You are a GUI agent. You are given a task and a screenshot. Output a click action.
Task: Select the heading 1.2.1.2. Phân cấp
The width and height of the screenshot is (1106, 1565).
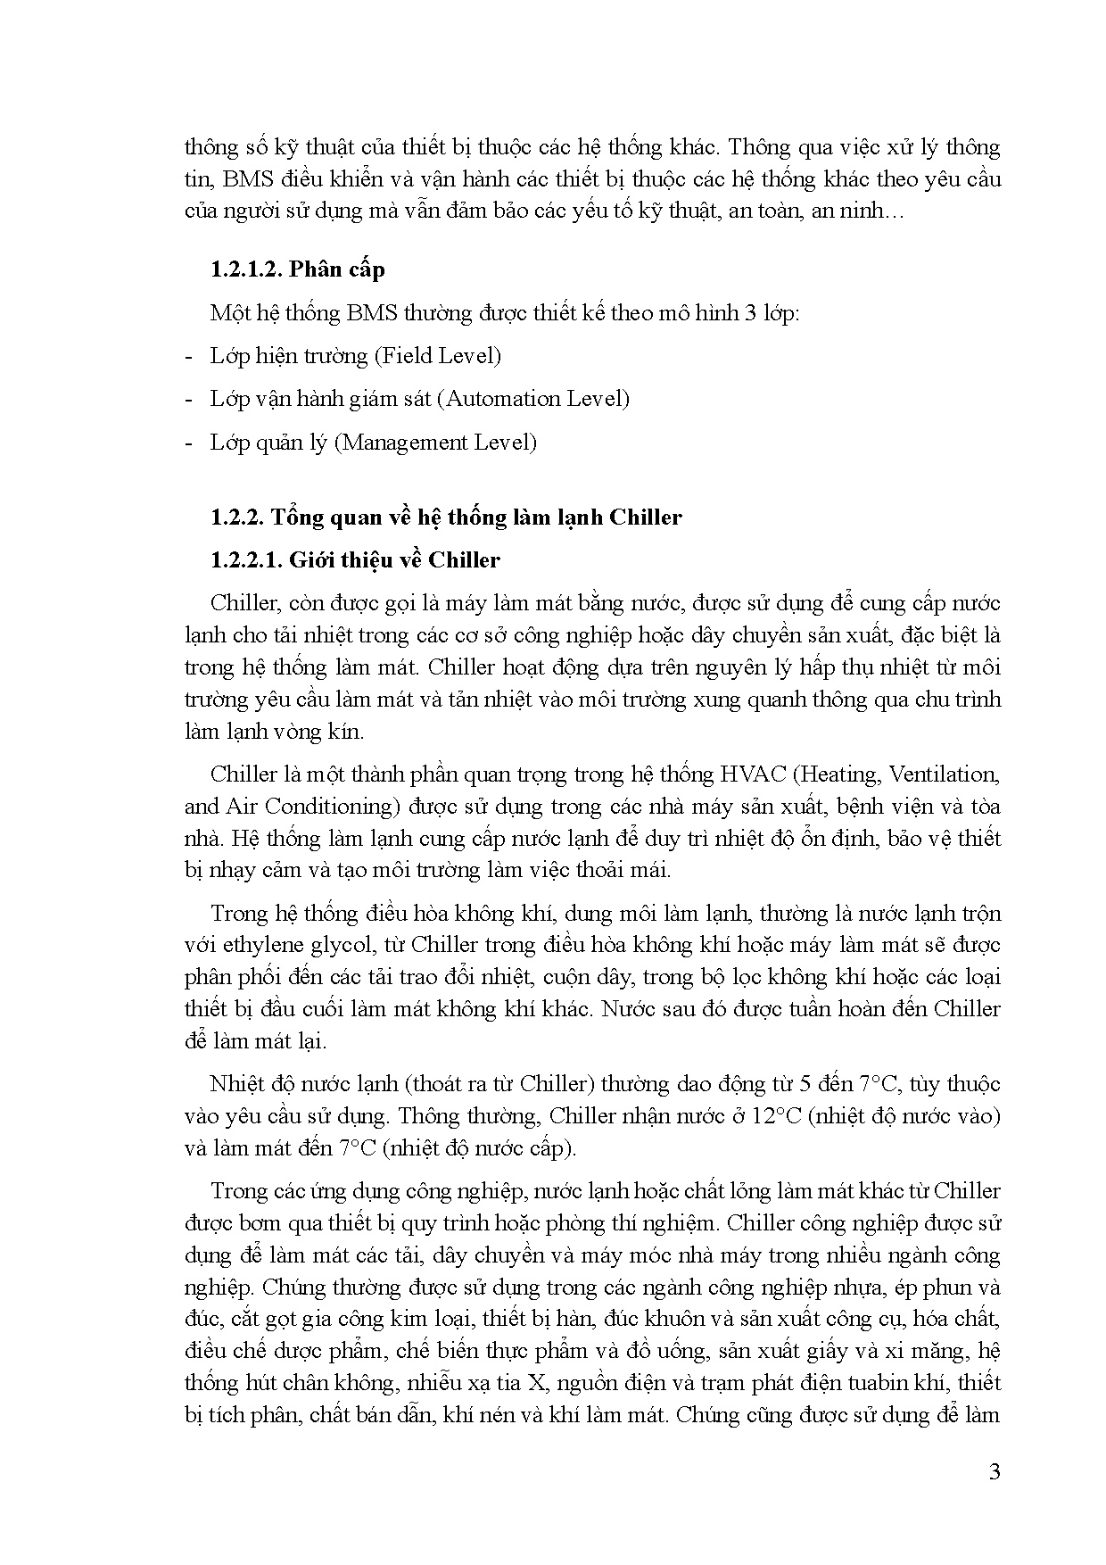click(x=298, y=269)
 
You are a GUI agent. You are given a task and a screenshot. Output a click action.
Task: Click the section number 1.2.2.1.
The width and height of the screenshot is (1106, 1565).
click(x=246, y=560)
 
